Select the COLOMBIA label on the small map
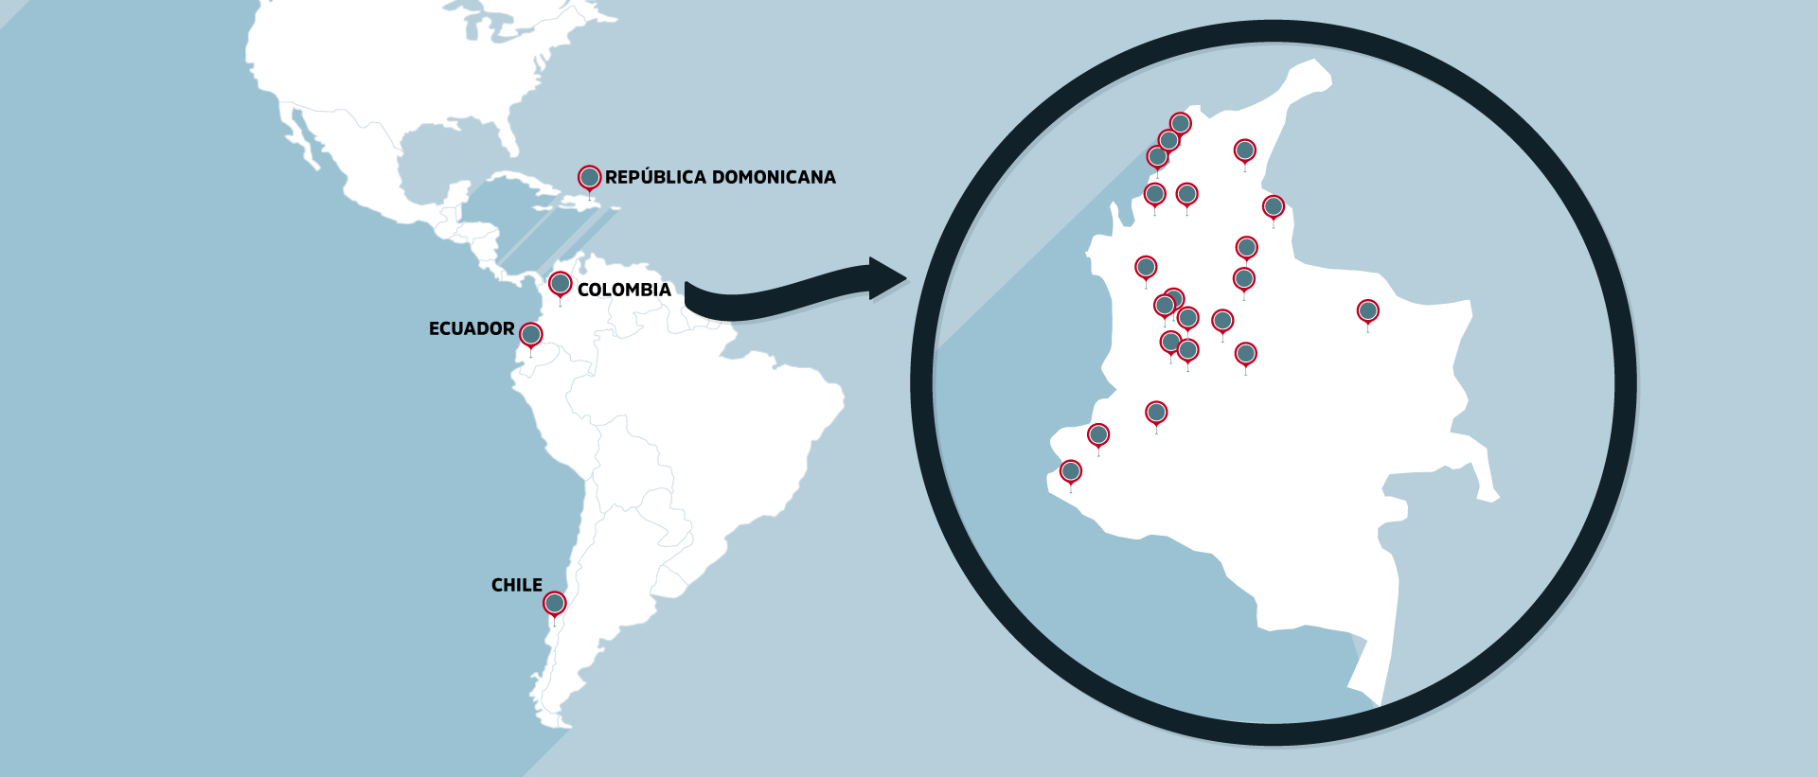pos(624,290)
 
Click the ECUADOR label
pos(472,328)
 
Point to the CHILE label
pos(516,585)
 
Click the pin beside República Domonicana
pos(589,177)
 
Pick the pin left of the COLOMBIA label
pos(560,283)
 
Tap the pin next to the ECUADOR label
pos(531,334)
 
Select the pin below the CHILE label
pos(554,603)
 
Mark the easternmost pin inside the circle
pos(1367,310)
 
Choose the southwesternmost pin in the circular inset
pos(1071,471)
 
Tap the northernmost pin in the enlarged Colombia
pos(1180,123)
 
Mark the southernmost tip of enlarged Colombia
pos(1378,701)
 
